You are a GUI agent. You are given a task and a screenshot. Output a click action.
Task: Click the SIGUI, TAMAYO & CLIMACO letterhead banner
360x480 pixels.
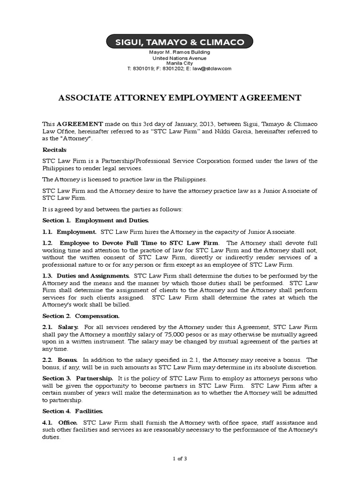pos(180,42)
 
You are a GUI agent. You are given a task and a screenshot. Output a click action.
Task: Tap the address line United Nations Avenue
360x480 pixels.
pos(180,58)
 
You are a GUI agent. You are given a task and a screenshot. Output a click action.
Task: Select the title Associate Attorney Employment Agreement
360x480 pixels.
pos(180,98)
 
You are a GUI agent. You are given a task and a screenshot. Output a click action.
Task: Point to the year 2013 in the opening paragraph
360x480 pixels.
pos(204,124)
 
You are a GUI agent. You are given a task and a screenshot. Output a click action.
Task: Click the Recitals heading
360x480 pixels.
pos(54,150)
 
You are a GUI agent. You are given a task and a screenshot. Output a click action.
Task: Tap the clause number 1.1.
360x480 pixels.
pos(47,232)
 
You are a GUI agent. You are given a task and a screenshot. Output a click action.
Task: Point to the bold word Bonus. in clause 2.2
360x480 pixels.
pos(67,360)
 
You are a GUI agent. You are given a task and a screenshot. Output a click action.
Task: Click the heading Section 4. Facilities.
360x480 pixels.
pos(73,411)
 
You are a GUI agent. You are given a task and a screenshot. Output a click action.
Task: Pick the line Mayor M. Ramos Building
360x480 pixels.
pos(180,52)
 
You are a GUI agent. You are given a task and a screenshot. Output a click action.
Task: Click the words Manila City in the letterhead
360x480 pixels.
pos(180,63)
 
